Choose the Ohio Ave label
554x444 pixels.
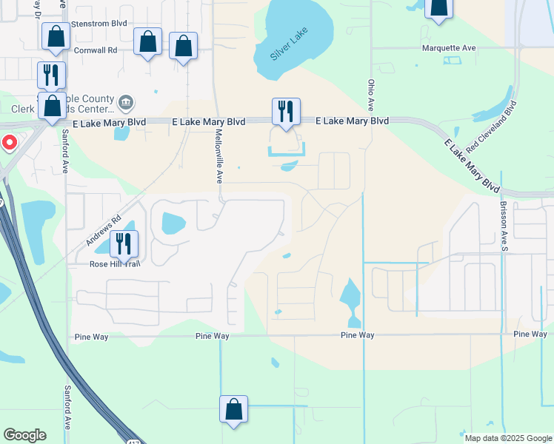tap(369, 92)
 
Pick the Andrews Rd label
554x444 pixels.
tap(102, 232)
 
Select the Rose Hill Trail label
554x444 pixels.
tap(115, 263)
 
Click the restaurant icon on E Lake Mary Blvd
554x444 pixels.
tap(286, 111)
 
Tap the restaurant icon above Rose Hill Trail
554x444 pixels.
tap(124, 244)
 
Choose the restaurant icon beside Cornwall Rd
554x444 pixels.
tap(51, 75)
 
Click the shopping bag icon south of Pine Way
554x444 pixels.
tap(233, 409)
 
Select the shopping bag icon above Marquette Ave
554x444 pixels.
tap(438, 7)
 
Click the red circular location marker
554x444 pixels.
tap(9, 143)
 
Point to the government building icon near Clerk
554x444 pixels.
tap(126, 101)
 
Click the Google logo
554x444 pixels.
tap(24, 435)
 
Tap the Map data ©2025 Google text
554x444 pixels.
tap(507, 438)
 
